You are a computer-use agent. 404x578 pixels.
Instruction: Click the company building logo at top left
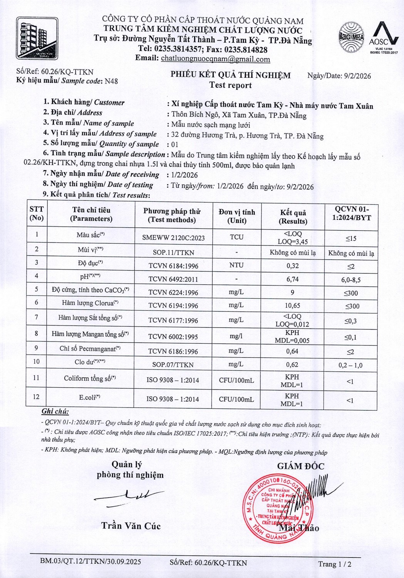pyautogui.click(x=37, y=39)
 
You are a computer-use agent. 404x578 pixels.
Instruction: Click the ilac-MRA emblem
pyautogui.click(x=351, y=37)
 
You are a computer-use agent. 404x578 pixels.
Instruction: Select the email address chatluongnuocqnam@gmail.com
pyautogui.click(x=215, y=59)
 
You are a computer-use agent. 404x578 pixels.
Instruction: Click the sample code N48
pyautogui.click(x=111, y=81)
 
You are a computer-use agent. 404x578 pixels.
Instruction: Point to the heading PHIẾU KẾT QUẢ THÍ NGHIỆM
pyautogui.click(x=230, y=75)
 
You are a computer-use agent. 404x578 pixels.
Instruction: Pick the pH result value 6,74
pyautogui.click(x=293, y=279)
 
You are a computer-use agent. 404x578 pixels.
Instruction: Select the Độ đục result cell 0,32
pyautogui.click(x=293, y=266)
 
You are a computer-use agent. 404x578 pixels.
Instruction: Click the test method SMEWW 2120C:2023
pyautogui.click(x=173, y=238)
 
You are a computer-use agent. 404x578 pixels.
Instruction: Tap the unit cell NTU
pyautogui.click(x=236, y=265)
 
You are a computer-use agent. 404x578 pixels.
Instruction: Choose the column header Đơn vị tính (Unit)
pyautogui.click(x=236, y=216)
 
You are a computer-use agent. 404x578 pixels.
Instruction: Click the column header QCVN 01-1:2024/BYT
pyautogui.click(x=350, y=213)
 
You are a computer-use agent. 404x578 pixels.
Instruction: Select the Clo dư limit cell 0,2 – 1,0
pyautogui.click(x=350, y=365)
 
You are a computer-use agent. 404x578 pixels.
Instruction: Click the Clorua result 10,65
pyautogui.click(x=293, y=306)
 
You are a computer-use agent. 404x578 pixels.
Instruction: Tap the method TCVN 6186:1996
pyautogui.click(x=173, y=351)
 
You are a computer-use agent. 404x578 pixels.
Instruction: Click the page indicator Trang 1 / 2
pyautogui.click(x=335, y=565)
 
